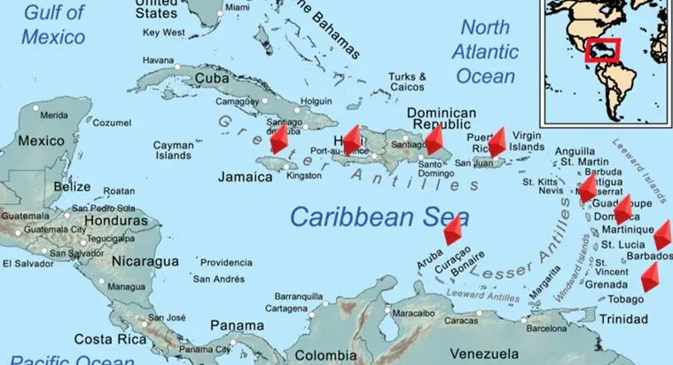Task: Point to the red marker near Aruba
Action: [453, 231]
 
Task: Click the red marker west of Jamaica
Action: [279, 139]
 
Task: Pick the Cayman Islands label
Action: [173, 150]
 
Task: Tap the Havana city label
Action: [159, 60]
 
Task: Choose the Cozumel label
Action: [112, 123]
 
